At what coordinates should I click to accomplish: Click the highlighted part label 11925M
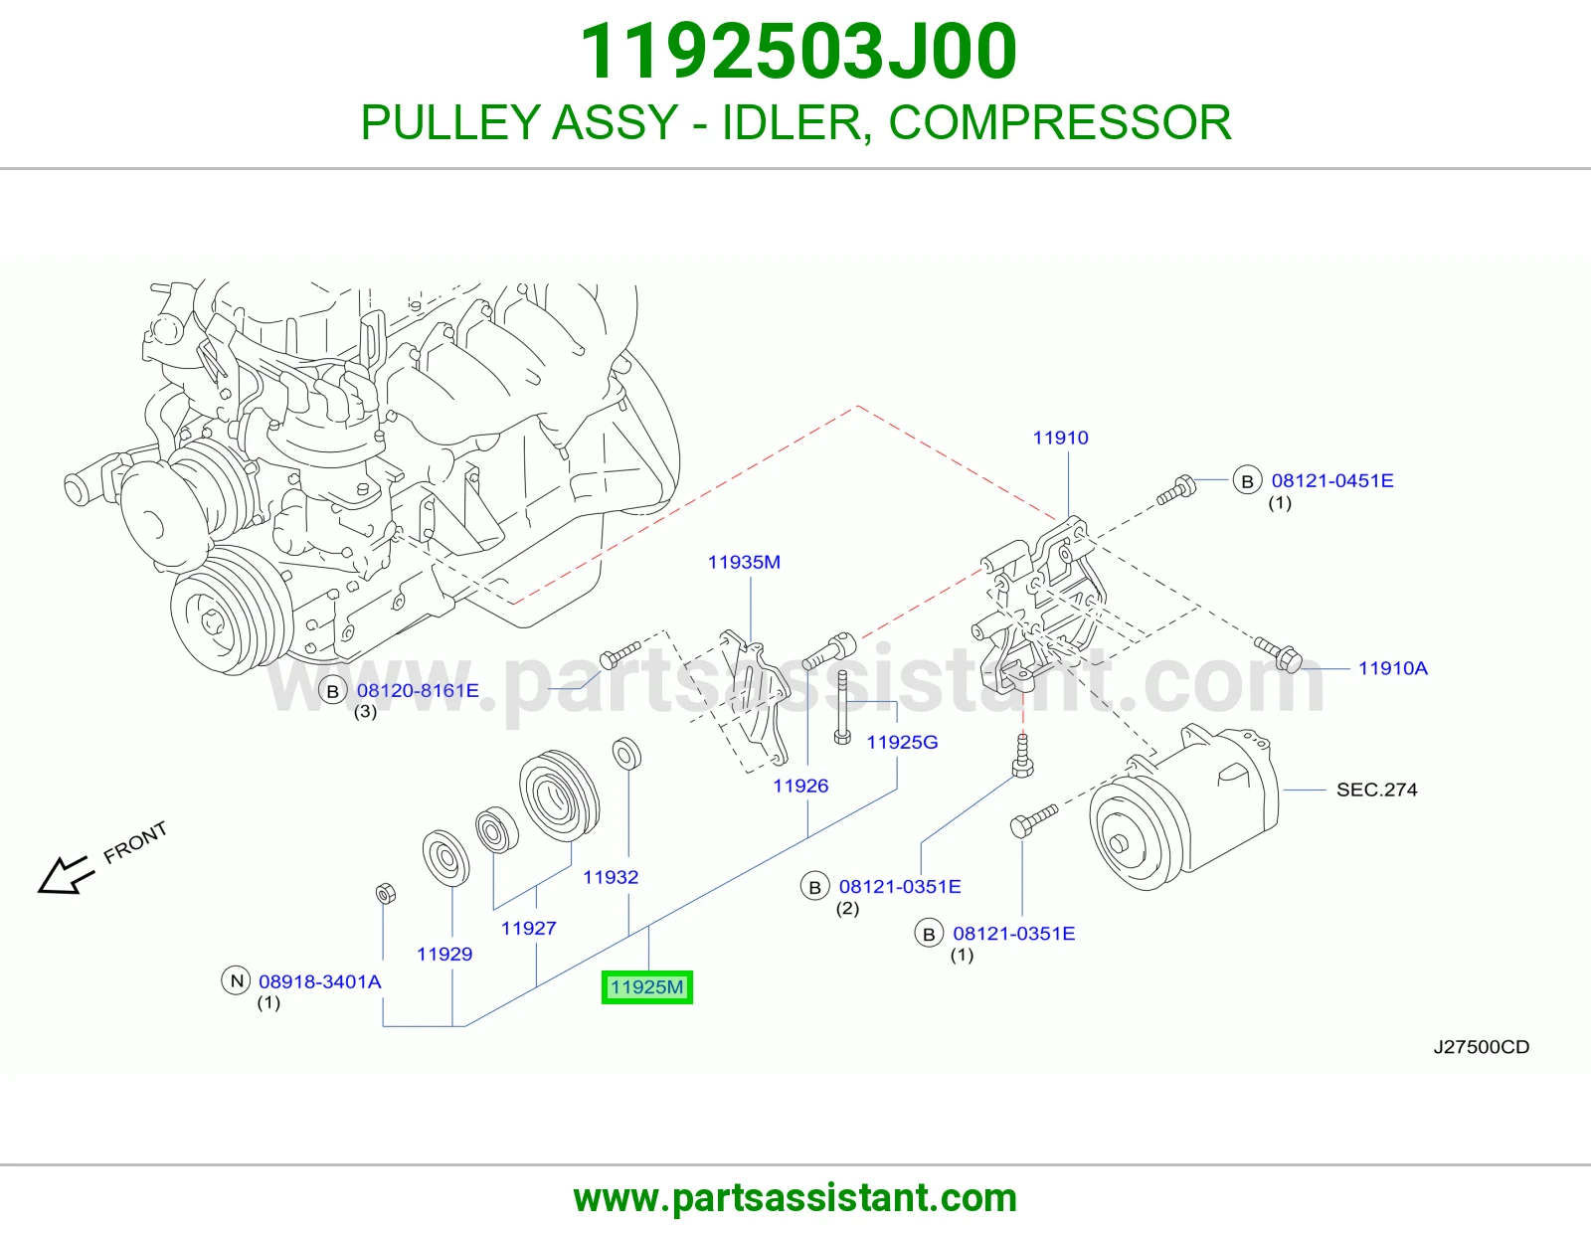646,987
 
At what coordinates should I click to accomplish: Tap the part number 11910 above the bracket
1060,438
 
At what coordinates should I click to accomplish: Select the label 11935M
744,563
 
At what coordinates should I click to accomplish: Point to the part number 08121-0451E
1332,481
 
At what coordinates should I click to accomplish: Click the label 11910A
1393,668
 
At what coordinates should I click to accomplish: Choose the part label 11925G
902,743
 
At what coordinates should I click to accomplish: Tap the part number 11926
801,787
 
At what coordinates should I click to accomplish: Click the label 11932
611,877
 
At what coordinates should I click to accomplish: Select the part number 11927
529,929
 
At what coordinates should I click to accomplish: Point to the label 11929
444,954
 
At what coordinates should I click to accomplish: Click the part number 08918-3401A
320,981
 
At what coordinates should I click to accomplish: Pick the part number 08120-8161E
418,690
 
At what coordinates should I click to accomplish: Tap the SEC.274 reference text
1377,791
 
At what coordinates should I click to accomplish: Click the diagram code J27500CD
1482,1047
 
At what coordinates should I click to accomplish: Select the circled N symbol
236,981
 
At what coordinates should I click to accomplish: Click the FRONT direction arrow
66,875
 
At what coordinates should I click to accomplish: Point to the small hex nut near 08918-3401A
385,893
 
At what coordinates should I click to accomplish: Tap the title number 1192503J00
798,51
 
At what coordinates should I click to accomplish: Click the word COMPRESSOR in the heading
1059,122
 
